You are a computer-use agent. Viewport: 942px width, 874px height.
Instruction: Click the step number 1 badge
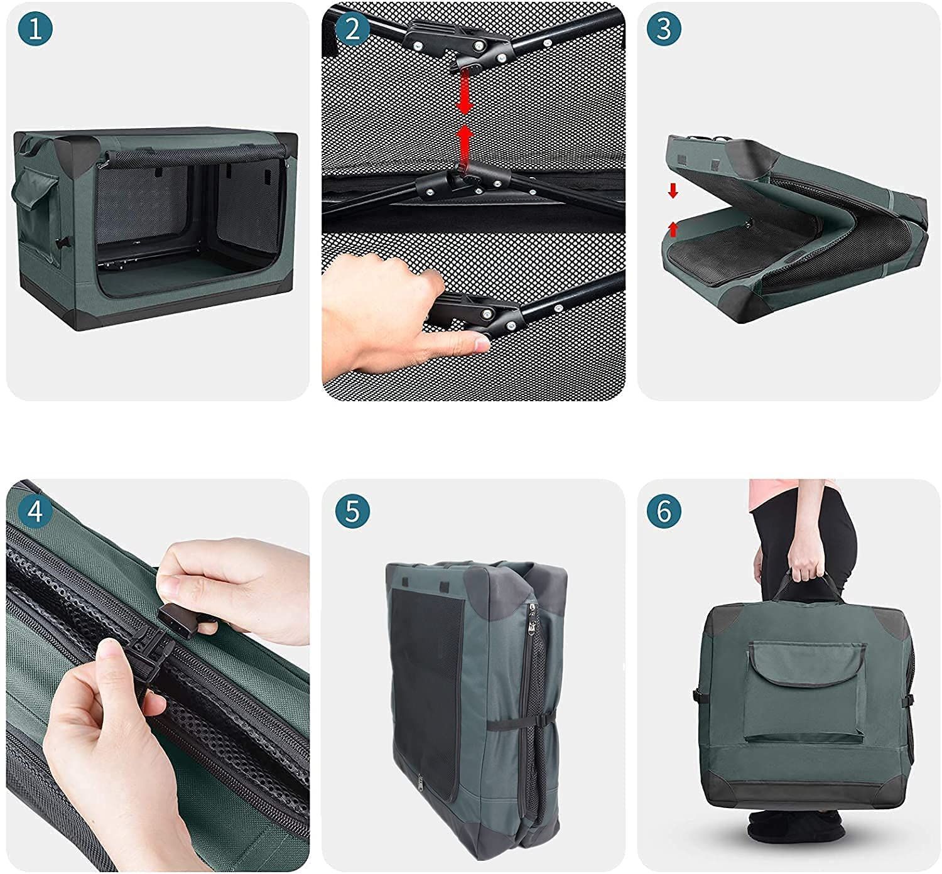(x=35, y=28)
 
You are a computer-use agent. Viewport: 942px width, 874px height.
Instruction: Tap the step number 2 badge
(x=352, y=28)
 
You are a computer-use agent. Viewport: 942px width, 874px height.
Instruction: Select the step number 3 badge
(x=664, y=28)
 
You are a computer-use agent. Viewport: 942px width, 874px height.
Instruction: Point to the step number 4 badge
(x=35, y=511)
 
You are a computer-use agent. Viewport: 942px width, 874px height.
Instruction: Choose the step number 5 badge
(x=352, y=511)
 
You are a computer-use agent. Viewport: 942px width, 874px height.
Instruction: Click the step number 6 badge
(x=664, y=511)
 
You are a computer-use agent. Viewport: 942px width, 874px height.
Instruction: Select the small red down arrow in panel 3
(x=673, y=191)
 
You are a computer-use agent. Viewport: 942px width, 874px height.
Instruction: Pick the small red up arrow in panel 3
(x=673, y=230)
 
